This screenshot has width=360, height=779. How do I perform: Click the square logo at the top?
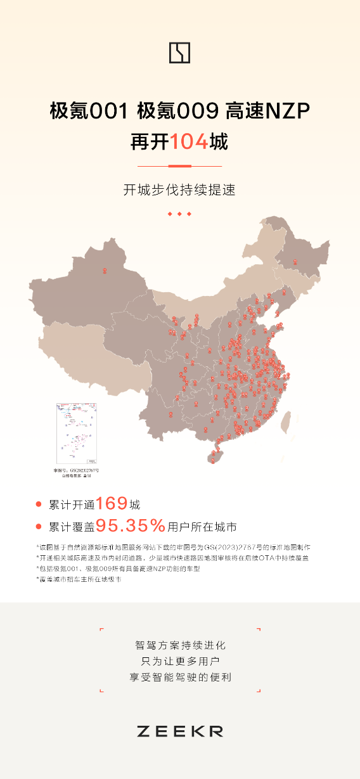click(179, 53)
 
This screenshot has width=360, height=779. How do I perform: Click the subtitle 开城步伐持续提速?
click(179, 190)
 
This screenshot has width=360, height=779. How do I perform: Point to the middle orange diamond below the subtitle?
click(179, 214)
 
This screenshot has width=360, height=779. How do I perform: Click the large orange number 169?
click(112, 504)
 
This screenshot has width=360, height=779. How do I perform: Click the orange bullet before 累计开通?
click(39, 505)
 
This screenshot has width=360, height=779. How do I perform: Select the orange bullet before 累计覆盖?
click(39, 527)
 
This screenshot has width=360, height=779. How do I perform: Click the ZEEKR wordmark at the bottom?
click(179, 731)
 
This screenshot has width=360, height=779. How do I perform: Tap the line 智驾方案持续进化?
click(180, 646)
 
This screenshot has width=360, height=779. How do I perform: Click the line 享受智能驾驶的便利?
click(180, 677)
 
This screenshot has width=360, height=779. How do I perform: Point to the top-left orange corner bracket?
click(101, 630)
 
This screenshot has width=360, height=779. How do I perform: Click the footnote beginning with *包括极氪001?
click(127, 569)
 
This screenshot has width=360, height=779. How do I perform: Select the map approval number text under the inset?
click(76, 471)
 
